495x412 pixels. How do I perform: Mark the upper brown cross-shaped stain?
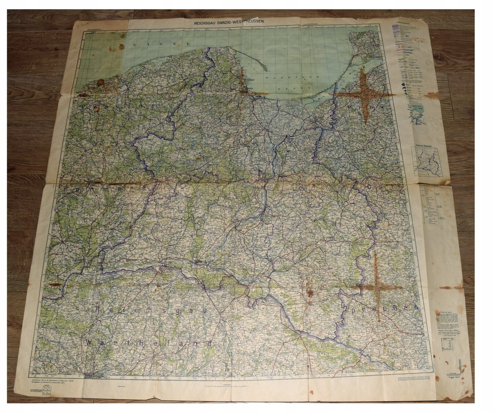coord(364,94)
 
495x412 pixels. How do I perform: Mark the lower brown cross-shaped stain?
coord(377,288)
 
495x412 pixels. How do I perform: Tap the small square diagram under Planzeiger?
coord(448,344)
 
